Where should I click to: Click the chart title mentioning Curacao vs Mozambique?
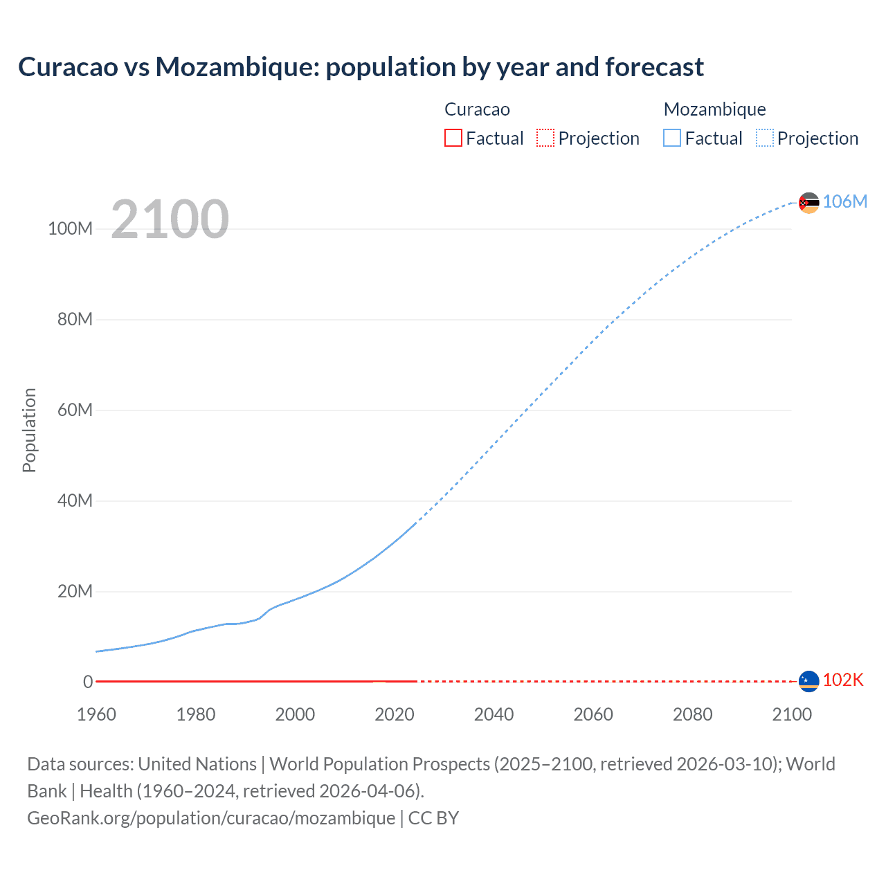tap(361, 67)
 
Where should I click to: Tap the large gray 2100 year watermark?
tap(170, 219)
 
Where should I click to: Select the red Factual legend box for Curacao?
tap(453, 138)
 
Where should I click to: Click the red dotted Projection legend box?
tap(545, 138)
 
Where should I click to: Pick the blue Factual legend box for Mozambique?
tap(671, 138)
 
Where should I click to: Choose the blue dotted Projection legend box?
tap(764, 138)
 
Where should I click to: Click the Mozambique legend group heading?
tap(714, 109)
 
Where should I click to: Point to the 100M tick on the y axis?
tap(70, 228)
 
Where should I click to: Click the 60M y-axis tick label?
tap(75, 410)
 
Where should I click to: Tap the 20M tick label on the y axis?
tap(75, 591)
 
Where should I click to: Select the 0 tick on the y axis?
tap(88, 682)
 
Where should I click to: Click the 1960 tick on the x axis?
tap(96, 714)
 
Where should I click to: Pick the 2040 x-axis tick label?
tap(494, 714)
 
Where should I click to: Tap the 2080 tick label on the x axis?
tap(692, 714)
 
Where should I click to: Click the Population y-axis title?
tap(29, 430)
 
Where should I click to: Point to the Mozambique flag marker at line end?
tap(808, 203)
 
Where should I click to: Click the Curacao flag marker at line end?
tap(808, 681)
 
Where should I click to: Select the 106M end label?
tap(844, 201)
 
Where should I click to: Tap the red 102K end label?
tap(843, 680)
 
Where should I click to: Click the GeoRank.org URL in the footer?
tap(211, 818)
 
